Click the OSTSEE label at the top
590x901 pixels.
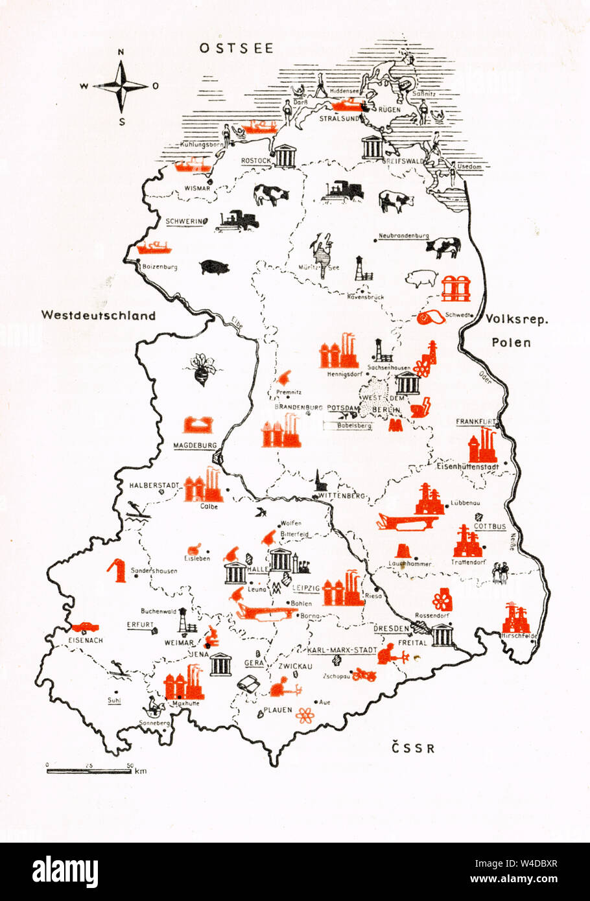click(236, 48)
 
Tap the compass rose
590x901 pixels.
click(121, 86)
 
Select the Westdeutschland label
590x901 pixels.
click(99, 316)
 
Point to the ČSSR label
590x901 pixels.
click(413, 749)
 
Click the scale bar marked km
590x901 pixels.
click(91, 770)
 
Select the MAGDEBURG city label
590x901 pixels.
click(195, 445)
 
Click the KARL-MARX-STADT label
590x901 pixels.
click(342, 649)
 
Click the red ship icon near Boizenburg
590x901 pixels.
click(154, 247)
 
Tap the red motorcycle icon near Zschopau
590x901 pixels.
click(364, 675)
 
